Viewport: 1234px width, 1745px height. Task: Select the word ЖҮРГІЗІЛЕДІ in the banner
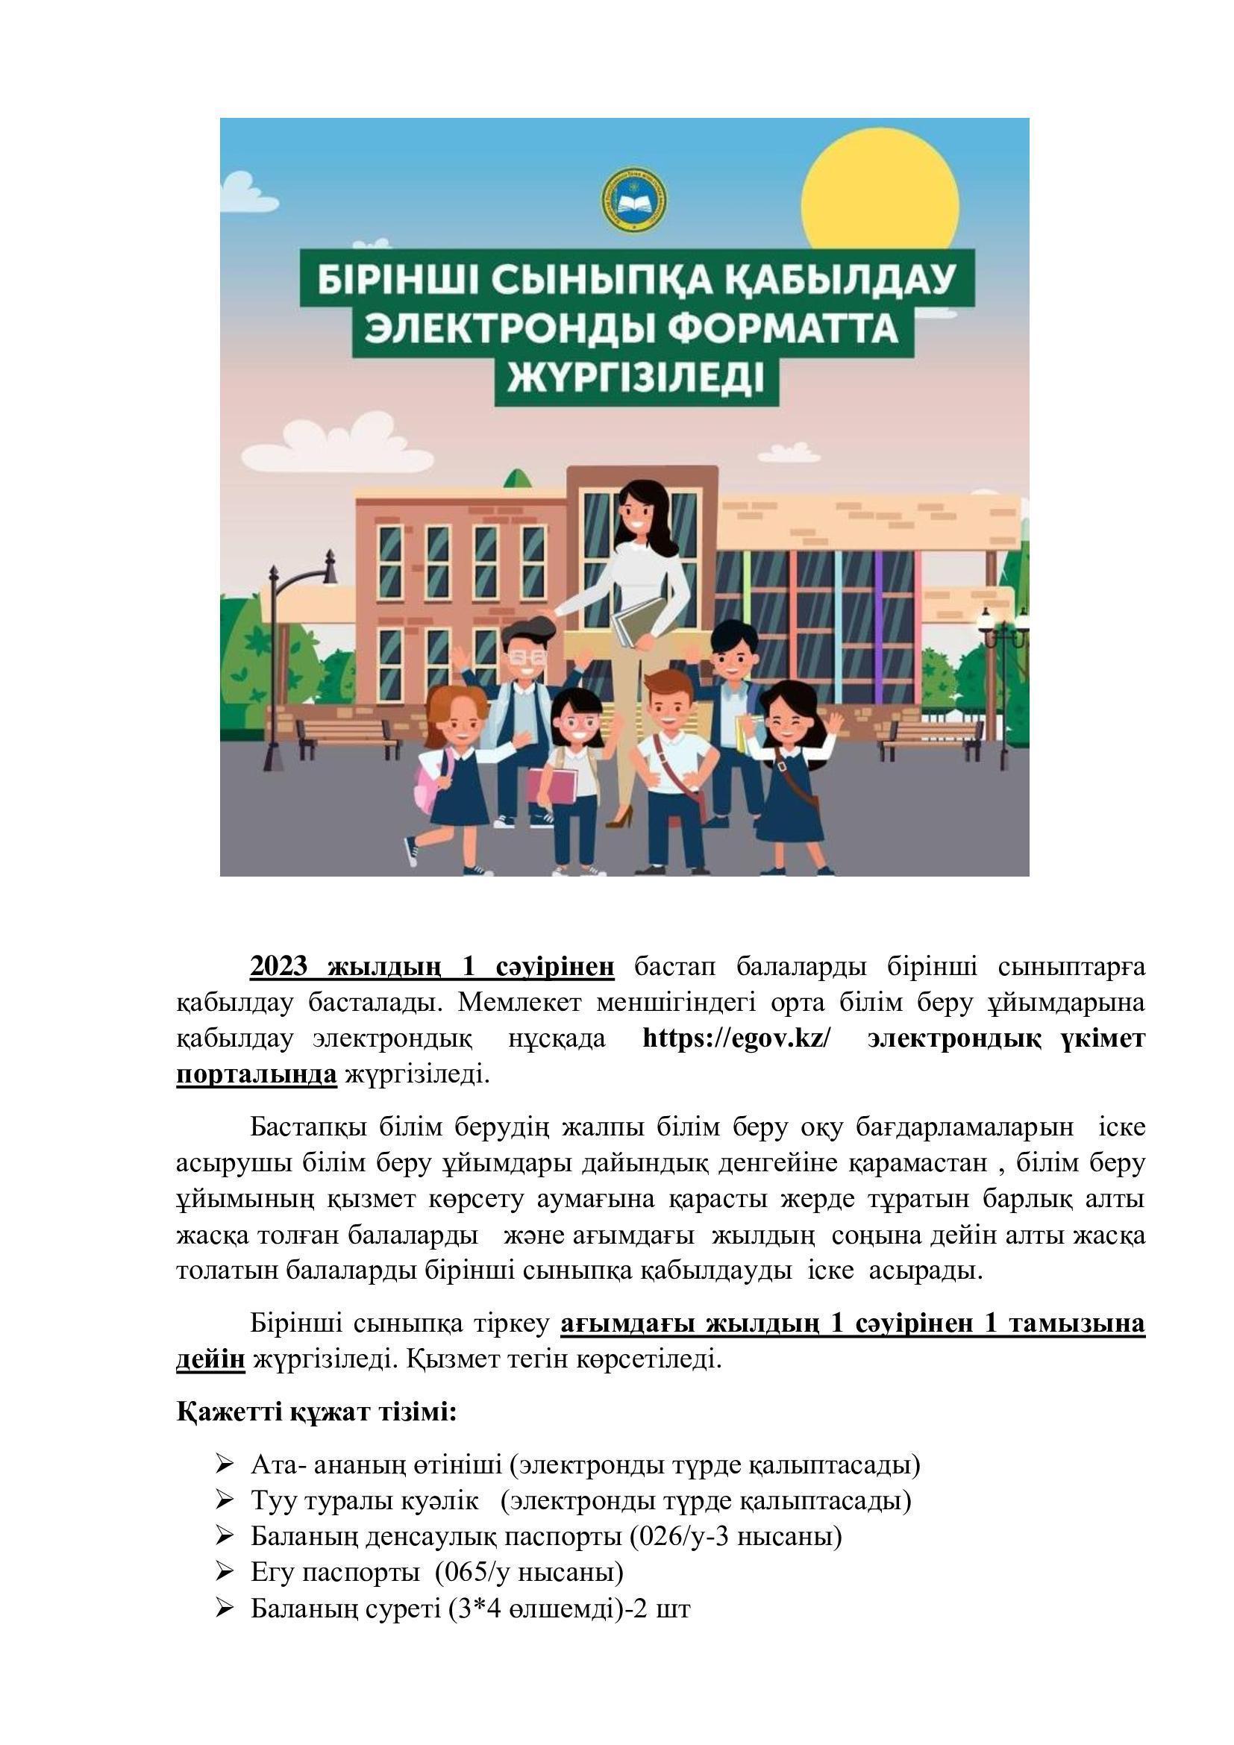coord(636,377)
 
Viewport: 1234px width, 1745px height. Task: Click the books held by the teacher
coord(639,619)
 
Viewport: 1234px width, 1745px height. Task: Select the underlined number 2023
coord(279,966)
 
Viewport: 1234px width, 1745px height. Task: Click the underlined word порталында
coord(256,1074)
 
